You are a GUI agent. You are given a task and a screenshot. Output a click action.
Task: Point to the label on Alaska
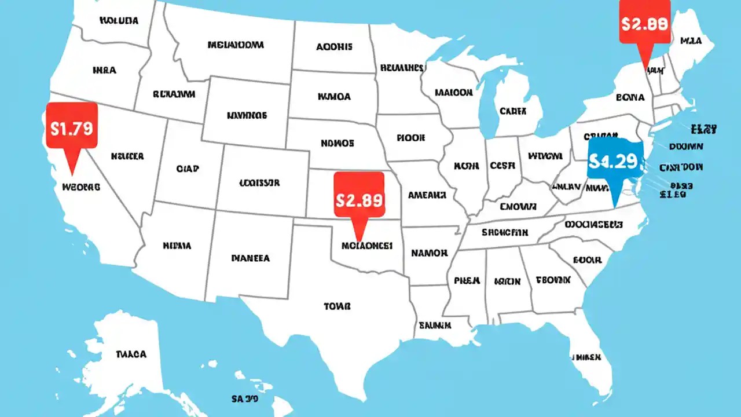pyautogui.click(x=131, y=354)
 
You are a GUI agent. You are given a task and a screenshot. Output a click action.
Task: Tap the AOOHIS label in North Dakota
pyautogui.click(x=334, y=47)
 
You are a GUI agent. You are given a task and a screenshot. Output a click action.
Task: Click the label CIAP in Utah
pyautogui.click(x=187, y=169)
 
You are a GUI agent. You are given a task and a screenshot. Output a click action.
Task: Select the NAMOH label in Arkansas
pyautogui.click(x=429, y=253)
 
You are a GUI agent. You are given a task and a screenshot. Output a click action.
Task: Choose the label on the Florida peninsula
pyautogui.click(x=586, y=357)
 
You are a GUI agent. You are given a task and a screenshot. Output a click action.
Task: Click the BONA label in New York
pyautogui.click(x=630, y=98)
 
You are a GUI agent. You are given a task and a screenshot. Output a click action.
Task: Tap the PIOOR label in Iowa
pyautogui.click(x=411, y=138)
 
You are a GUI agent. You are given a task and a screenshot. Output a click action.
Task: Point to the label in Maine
pyautogui.click(x=690, y=41)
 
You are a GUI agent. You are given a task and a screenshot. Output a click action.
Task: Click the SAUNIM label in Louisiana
pyautogui.click(x=435, y=325)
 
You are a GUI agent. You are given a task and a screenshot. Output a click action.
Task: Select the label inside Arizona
pyautogui.click(x=177, y=246)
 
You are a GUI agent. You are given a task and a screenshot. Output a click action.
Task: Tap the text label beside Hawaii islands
pyautogui.click(x=245, y=398)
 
